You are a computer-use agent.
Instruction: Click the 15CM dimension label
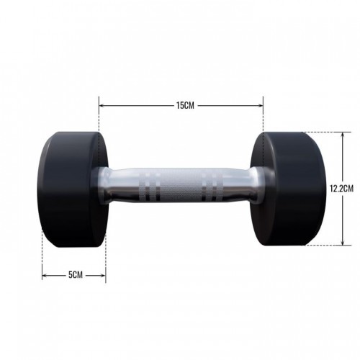pos(185,105)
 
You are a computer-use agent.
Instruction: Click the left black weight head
pos(71,189)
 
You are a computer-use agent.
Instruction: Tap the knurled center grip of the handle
pos(180,186)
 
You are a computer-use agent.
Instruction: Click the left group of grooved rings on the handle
pos(149,186)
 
